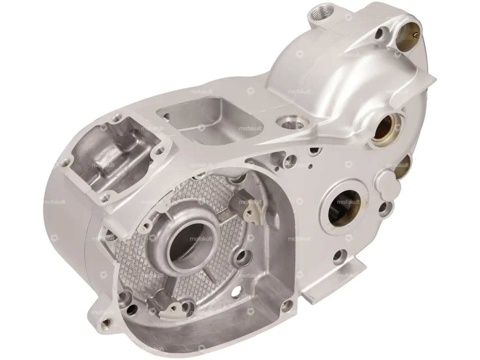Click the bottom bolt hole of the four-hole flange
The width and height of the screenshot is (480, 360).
coord(105,197)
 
